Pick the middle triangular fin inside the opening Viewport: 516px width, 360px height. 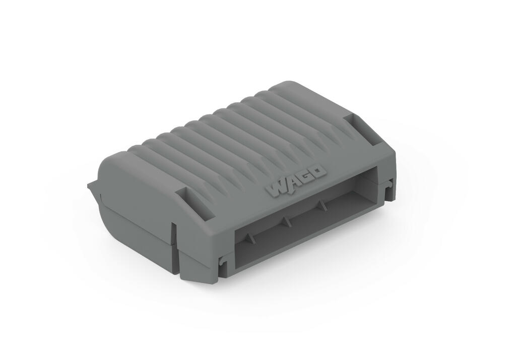click(286, 221)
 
